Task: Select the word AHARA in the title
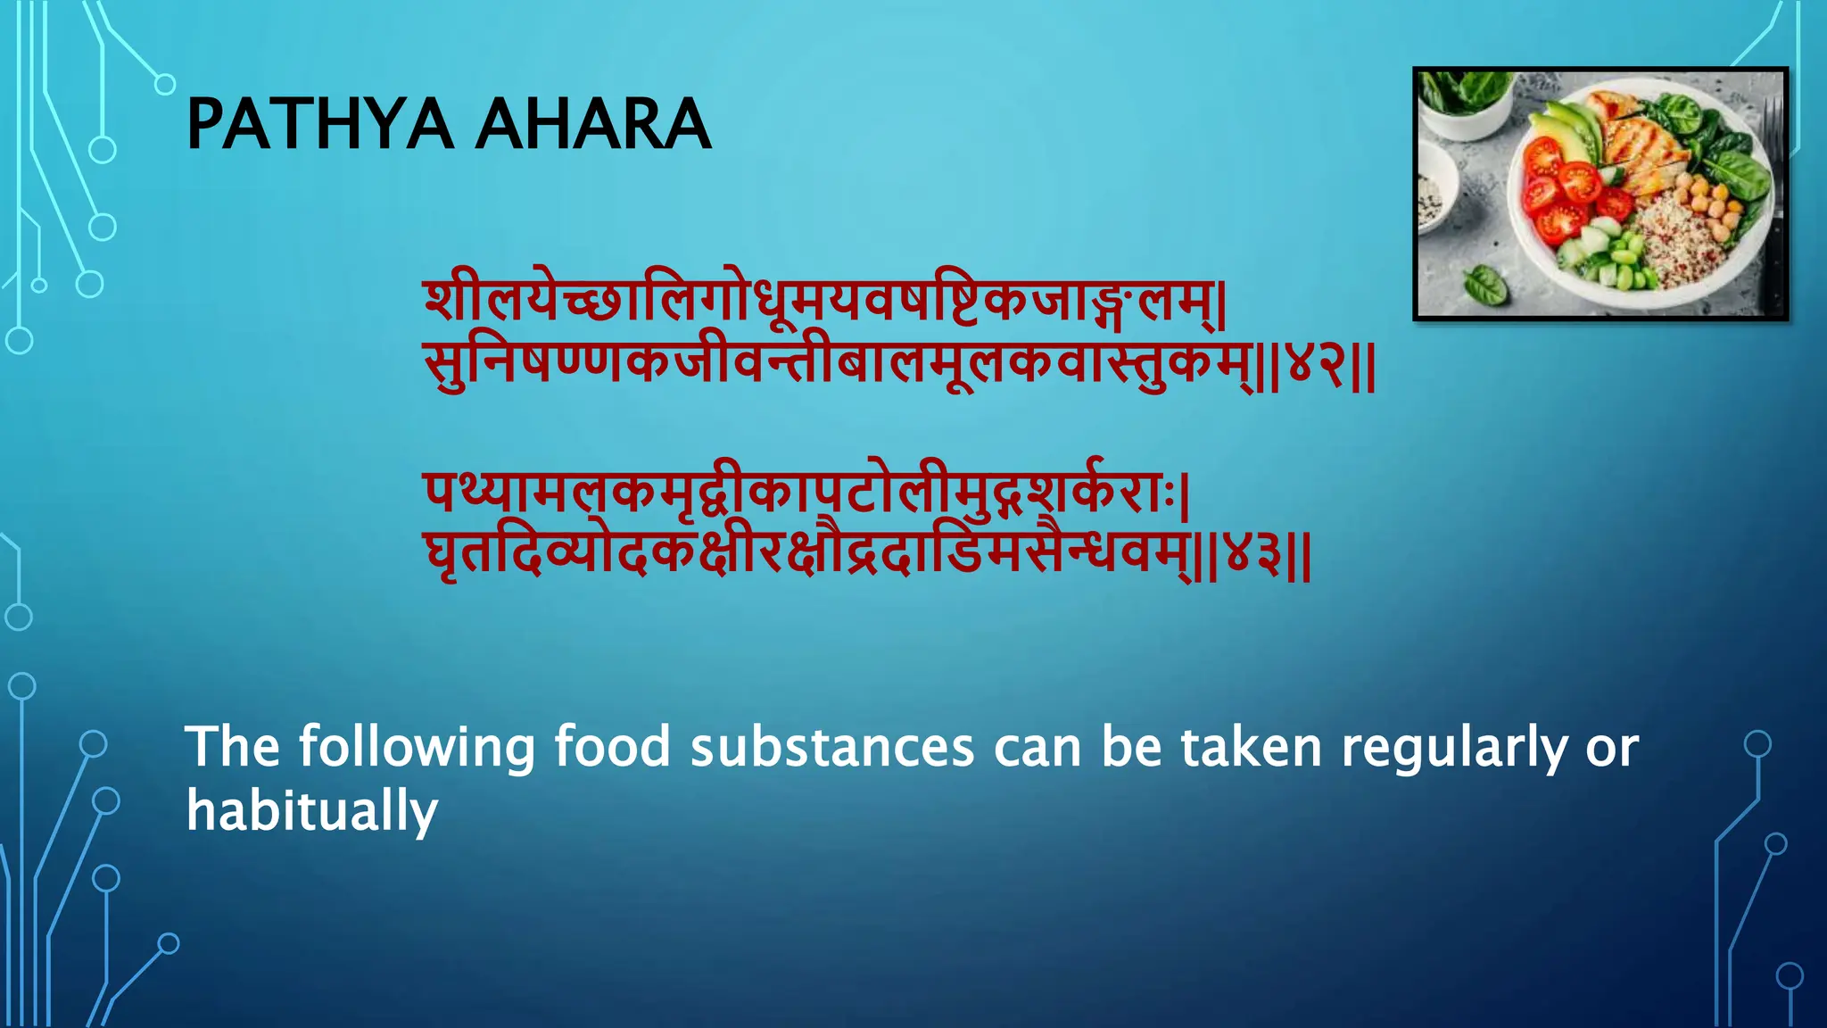[x=593, y=124]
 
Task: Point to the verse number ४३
[x=1252, y=557]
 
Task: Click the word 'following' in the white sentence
[x=416, y=748]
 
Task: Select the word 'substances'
[x=831, y=747]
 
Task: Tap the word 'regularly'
[x=1454, y=748]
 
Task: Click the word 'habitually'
[x=312, y=811]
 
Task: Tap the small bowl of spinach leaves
[x=1463, y=98]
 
